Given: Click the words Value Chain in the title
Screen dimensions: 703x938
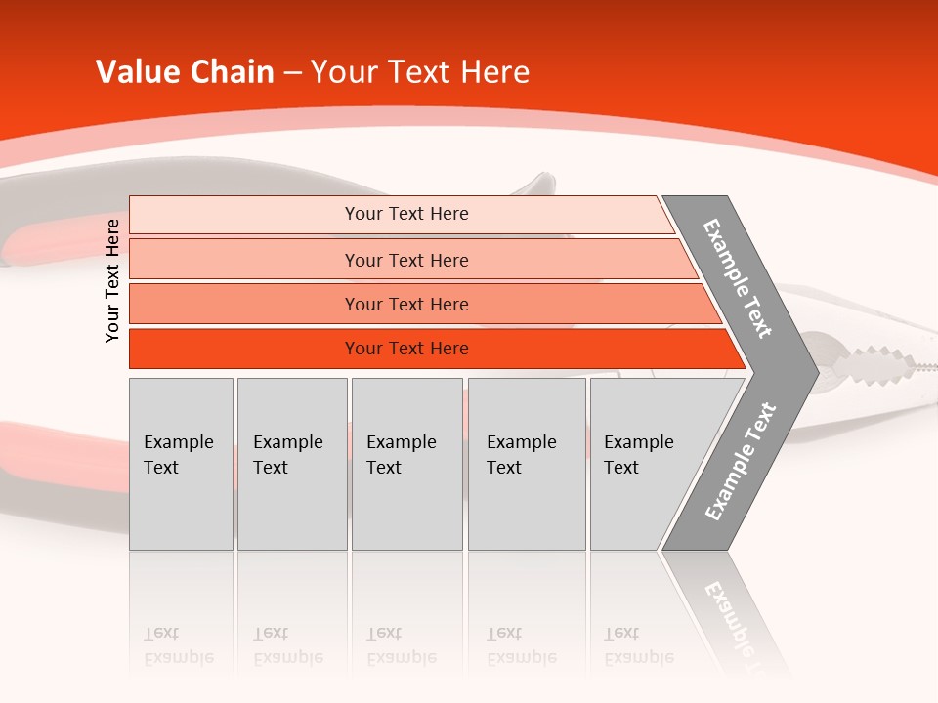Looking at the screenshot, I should [185, 72].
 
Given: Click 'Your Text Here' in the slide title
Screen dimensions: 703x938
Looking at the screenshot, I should [420, 72].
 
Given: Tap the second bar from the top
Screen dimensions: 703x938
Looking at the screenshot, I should [406, 260].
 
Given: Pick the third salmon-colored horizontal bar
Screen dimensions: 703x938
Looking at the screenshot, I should [406, 304].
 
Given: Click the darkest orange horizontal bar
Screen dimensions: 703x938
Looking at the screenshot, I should [406, 349].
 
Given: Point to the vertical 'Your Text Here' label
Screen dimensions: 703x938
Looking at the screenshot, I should [112, 280].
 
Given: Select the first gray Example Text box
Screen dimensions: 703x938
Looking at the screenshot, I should [181, 463].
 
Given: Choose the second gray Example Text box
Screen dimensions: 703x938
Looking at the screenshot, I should [291, 463].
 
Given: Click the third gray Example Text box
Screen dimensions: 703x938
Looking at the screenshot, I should [405, 463].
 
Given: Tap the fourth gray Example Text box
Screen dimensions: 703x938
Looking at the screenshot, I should [526, 463].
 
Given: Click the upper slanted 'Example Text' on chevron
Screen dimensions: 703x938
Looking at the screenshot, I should [738, 278].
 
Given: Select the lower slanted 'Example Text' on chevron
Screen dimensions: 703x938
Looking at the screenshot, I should [741, 461].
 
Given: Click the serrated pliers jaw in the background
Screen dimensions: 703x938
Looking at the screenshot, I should [874, 366].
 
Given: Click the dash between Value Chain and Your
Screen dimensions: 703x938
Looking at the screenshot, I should [292, 72].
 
